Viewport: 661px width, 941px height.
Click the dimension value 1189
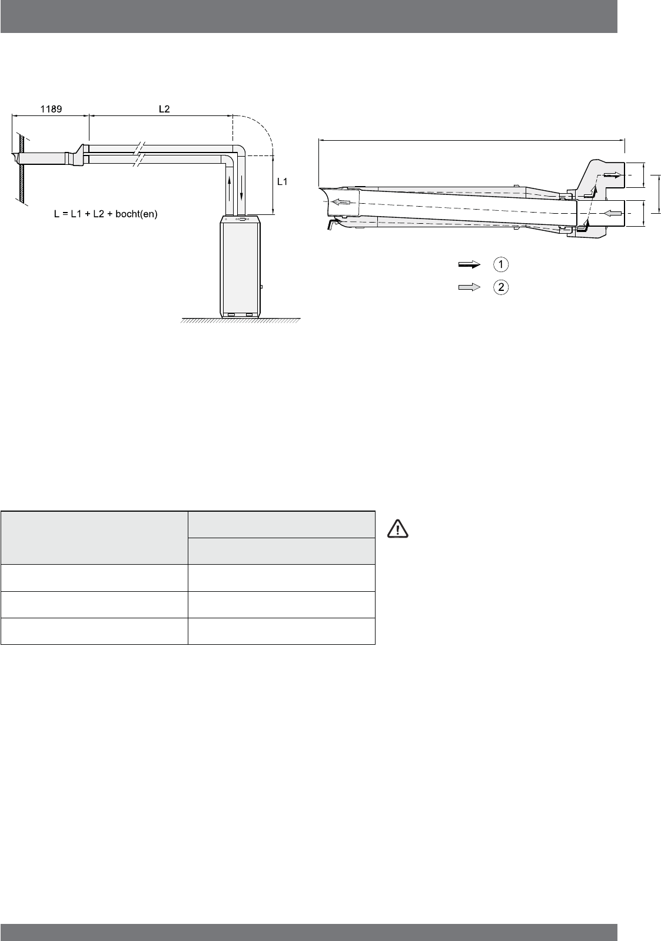click(51, 109)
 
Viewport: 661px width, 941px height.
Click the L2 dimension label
click(164, 109)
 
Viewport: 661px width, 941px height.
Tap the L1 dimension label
click(282, 181)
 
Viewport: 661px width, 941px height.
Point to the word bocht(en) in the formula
click(137, 214)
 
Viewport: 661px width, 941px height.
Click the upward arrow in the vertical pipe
click(230, 188)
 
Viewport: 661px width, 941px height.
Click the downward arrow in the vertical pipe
click(241, 188)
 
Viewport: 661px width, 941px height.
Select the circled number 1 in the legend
click(500, 264)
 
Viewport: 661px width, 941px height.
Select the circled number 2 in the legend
click(500, 287)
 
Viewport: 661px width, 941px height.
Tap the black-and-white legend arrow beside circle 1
click(469, 264)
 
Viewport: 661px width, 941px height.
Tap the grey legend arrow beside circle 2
click(469, 287)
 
